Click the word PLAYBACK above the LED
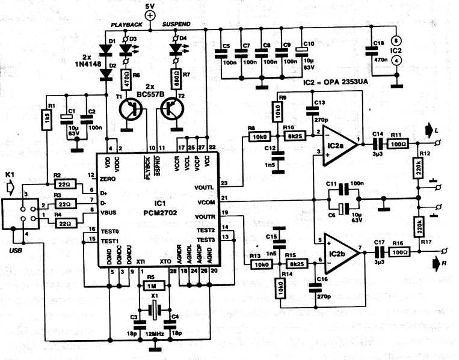point(125,25)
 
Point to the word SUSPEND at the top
point(177,24)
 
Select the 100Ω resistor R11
point(399,144)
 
